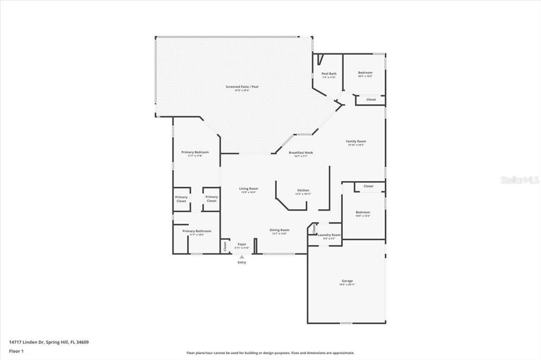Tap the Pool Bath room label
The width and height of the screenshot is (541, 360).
pos(329,74)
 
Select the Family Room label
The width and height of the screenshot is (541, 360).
pos(356,141)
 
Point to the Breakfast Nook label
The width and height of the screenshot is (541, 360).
pos(301,153)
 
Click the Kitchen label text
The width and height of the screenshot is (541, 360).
pos(303,190)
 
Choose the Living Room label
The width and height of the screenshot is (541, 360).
pos(248,188)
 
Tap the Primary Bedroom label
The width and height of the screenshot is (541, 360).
pos(195,152)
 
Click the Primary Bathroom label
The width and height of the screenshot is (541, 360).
pos(197,231)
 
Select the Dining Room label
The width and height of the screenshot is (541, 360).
pos(279,230)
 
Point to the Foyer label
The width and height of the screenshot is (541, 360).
pos(242,244)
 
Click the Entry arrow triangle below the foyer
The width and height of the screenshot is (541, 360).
pos(242,257)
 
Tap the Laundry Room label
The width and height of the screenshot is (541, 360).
pos(329,235)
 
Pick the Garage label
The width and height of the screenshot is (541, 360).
pos(347,281)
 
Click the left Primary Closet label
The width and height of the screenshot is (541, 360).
pos(181,199)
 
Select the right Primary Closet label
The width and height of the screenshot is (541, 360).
pos(211,199)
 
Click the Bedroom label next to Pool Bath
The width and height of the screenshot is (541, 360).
pos(365,73)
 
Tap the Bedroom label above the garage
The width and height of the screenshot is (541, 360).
pos(362,212)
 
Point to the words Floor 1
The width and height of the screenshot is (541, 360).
pos(16,350)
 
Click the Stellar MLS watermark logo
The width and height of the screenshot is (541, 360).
pos(519,180)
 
